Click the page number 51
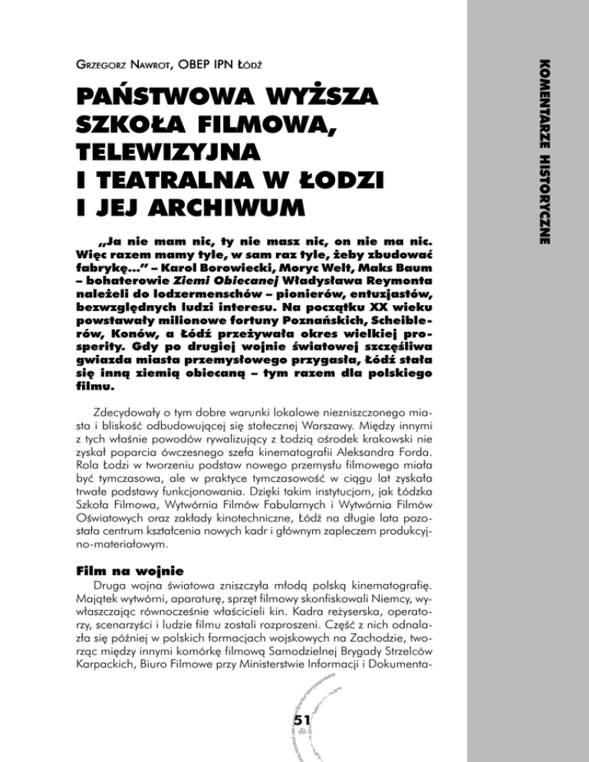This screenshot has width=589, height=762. coord(294,721)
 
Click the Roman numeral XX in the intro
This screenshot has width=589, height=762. coord(346,295)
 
